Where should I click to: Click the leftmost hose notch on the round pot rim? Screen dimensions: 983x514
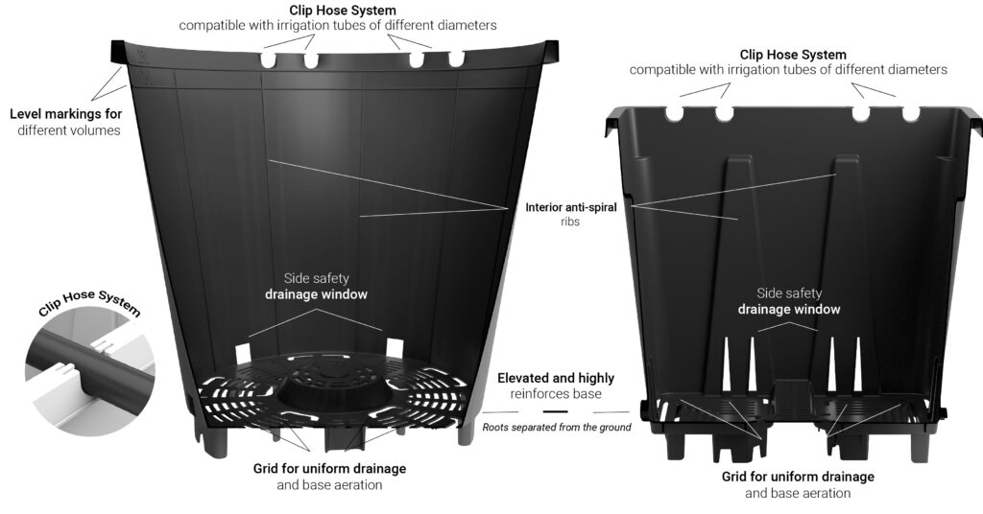pyautogui.click(x=268, y=60)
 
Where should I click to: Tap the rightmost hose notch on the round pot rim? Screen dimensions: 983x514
pyautogui.click(x=456, y=58)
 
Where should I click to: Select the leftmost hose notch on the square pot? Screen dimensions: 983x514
pyautogui.click(x=674, y=113)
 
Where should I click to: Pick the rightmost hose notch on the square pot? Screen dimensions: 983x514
pyautogui.click(x=910, y=114)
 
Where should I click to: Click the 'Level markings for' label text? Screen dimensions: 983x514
pyautogui.click(x=66, y=114)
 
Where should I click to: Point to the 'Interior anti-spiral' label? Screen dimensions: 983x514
pyautogui.click(x=571, y=207)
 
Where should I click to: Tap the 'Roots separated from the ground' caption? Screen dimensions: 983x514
pyautogui.click(x=557, y=428)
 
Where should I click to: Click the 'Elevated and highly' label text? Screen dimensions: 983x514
pyautogui.click(x=556, y=378)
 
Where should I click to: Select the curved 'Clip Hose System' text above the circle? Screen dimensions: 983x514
pyautogui.click(x=89, y=302)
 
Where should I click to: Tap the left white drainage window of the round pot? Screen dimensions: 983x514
pyautogui.click(x=242, y=352)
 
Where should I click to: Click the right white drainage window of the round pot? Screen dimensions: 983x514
pyautogui.click(x=395, y=348)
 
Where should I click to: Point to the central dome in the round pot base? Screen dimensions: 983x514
pyautogui.click(x=331, y=392)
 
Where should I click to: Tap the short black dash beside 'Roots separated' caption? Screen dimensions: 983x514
pyautogui.click(x=556, y=412)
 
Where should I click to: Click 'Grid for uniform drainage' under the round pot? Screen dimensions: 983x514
pyautogui.click(x=330, y=468)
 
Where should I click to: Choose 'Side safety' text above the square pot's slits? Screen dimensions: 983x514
pyautogui.click(x=789, y=293)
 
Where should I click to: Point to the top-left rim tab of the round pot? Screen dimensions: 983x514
pyautogui.click(x=119, y=52)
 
